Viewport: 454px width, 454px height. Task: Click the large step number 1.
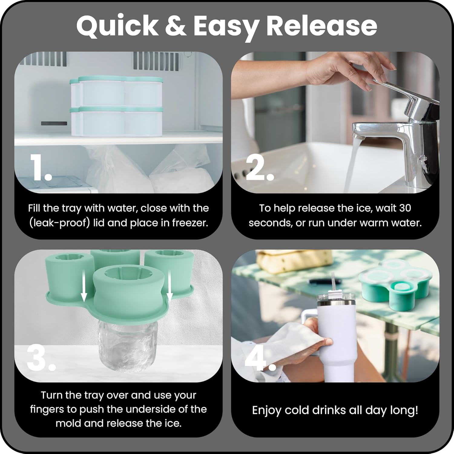point(41,167)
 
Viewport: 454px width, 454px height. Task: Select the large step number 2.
point(260,167)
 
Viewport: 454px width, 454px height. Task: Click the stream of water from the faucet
point(351,163)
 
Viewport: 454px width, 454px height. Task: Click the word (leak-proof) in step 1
point(60,223)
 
